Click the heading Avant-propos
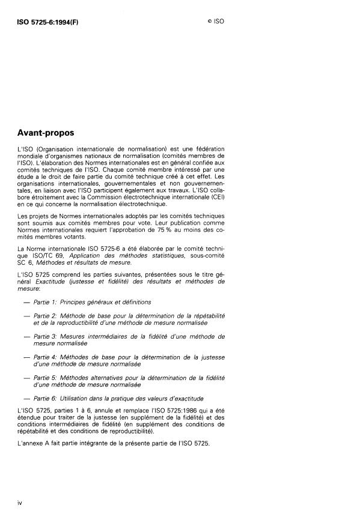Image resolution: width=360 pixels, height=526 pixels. (46, 133)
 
